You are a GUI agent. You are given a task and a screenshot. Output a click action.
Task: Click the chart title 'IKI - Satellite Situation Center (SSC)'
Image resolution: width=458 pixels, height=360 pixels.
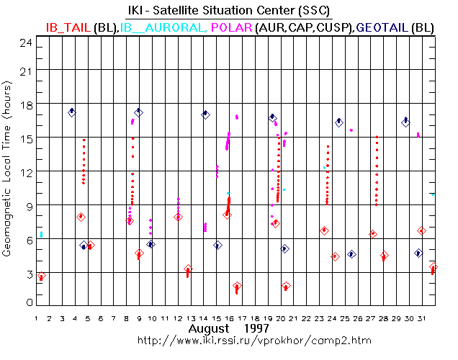229,11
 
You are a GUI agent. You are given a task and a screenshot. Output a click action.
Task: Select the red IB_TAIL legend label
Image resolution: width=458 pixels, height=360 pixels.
68,28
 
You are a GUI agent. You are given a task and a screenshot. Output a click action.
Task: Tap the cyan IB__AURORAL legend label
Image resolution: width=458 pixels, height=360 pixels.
162,28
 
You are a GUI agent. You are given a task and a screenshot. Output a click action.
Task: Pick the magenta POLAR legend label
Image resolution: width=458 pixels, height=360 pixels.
231,28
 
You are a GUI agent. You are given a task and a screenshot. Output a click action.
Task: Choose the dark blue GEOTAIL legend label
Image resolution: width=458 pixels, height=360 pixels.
382,28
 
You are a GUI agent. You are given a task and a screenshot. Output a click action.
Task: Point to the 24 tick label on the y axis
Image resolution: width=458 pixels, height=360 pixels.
26,43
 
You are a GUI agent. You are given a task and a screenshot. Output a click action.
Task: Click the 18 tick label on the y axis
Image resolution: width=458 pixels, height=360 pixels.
27,105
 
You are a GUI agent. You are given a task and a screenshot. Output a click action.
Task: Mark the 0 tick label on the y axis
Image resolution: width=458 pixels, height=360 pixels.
30,302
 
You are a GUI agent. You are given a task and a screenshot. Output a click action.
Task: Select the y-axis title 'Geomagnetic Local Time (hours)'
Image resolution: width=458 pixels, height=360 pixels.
6,168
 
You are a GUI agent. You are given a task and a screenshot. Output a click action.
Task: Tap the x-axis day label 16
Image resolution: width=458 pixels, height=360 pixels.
229,318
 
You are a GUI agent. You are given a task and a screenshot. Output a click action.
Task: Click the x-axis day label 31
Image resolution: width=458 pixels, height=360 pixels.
421,318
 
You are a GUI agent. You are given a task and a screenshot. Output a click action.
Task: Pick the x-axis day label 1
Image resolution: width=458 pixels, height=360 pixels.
36,318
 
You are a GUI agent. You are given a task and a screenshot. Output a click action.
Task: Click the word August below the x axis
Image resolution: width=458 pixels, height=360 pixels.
209,328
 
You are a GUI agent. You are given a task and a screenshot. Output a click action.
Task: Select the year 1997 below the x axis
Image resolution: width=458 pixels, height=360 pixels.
256,328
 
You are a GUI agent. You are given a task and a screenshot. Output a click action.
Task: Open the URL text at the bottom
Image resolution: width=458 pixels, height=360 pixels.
254,341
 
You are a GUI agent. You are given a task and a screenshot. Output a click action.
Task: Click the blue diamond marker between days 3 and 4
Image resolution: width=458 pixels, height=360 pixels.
72,112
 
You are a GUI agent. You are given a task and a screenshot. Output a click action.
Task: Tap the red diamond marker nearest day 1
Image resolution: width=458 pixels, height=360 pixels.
42,276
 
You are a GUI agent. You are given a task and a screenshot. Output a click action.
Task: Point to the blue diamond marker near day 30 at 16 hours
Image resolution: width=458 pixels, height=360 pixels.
405,122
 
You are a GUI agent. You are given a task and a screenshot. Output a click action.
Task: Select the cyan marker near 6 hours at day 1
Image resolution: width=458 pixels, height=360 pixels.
41,234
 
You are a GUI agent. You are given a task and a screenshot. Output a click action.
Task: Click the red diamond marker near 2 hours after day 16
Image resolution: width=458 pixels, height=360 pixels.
237,286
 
